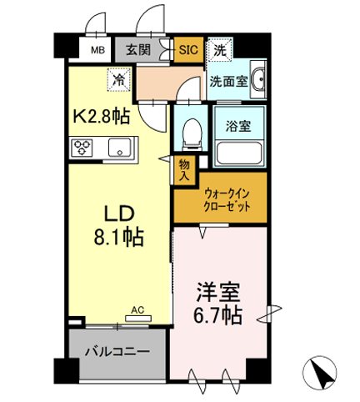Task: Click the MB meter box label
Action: click(97, 48)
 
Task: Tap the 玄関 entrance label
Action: click(139, 48)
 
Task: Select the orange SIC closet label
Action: click(189, 48)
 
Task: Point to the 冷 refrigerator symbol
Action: click(119, 81)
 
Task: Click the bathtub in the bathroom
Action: click(239, 153)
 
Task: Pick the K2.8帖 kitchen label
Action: click(103, 114)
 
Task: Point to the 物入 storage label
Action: click(184, 171)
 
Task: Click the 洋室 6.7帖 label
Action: click(219, 304)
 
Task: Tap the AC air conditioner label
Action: click(137, 310)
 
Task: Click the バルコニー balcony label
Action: click(117, 351)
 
